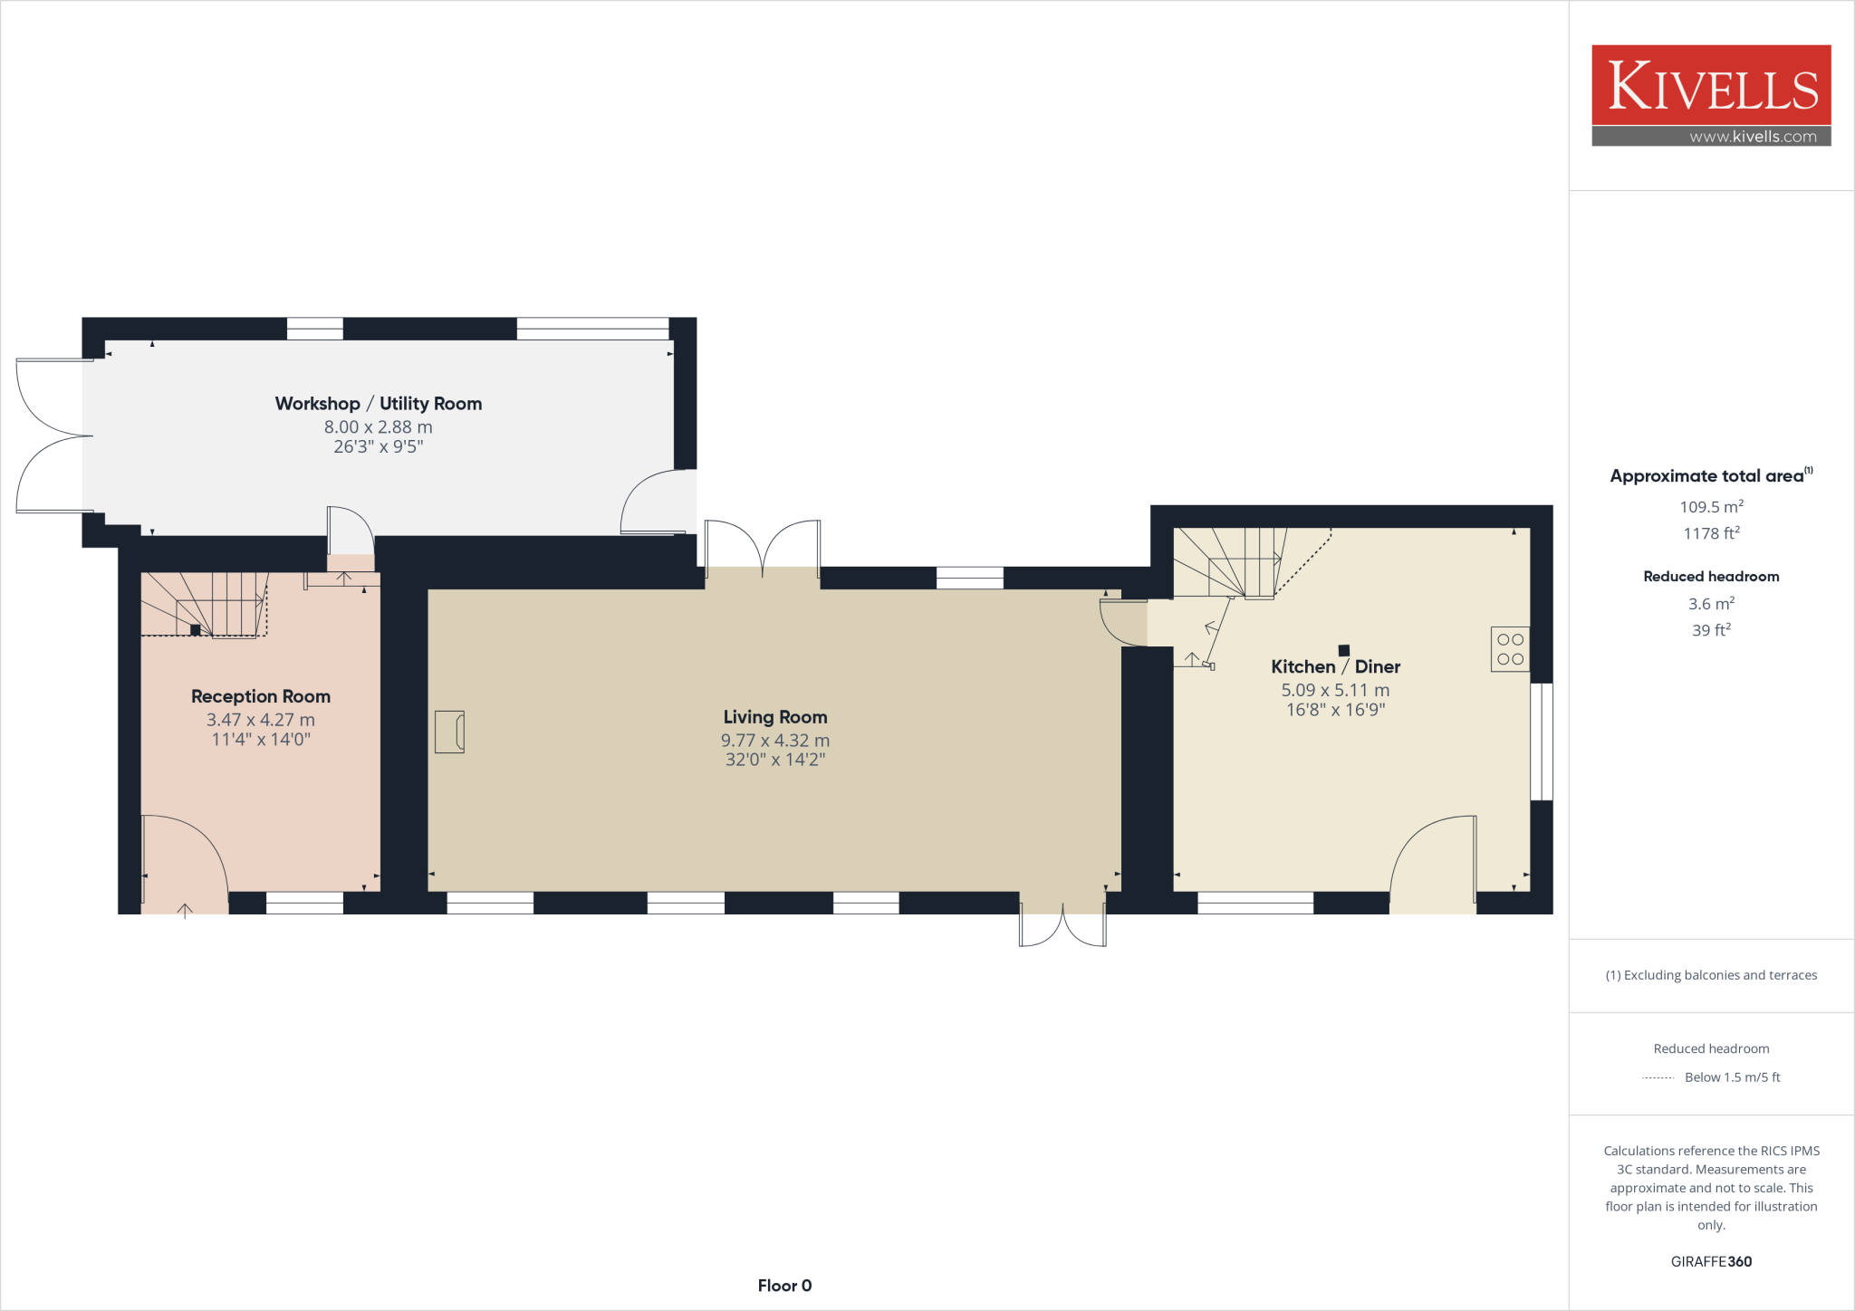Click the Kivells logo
click(1711, 86)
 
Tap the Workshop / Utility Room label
click(378, 404)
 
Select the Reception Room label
click(261, 696)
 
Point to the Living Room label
click(775, 717)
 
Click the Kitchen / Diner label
click(1335, 667)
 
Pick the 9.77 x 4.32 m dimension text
click(775, 741)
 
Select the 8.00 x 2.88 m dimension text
click(378, 427)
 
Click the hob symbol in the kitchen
click(1510, 649)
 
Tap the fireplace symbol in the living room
click(449, 732)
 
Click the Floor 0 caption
click(784, 1286)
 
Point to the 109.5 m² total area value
click(1711, 507)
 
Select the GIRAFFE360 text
click(1711, 1261)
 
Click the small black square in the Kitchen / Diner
click(1344, 650)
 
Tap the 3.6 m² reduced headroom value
click(1711, 604)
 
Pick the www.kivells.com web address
click(1753, 137)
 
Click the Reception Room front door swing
click(186, 860)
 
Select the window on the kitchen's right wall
click(1542, 742)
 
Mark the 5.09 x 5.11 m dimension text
click(1335, 690)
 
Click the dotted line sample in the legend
click(1658, 1077)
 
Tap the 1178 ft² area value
click(1711, 533)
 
